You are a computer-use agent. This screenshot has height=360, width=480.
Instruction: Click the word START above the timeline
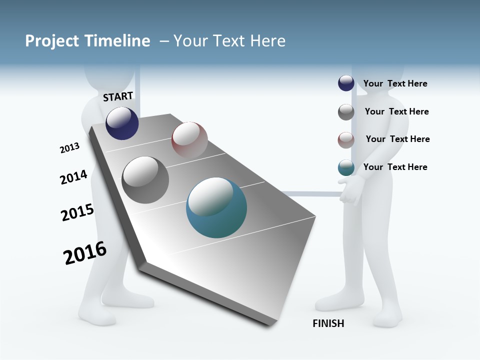(118, 96)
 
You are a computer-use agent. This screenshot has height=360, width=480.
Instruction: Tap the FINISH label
(328, 323)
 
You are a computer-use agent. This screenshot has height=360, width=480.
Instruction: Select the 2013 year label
(69, 148)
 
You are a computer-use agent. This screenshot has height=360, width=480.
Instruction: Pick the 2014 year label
(73, 177)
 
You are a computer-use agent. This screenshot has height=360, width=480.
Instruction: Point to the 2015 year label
(77, 212)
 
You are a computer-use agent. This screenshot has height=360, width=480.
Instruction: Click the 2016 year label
(85, 253)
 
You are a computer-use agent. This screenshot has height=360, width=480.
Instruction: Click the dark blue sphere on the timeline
(122, 123)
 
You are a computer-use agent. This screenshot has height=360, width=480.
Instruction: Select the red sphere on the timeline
(189, 139)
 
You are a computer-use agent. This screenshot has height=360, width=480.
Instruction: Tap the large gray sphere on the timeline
(145, 180)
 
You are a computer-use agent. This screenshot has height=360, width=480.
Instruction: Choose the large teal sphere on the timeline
(216, 207)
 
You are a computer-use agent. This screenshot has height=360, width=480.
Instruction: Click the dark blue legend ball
(346, 83)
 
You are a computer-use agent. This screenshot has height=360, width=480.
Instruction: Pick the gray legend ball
(346, 112)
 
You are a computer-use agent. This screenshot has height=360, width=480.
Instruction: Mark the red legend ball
(346, 140)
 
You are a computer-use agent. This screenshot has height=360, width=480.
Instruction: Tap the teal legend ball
(346, 167)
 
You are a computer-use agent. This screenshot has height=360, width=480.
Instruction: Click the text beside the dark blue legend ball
(395, 83)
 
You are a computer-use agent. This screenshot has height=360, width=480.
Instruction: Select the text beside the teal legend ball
(395, 167)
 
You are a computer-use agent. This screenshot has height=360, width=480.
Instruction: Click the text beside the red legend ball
(397, 139)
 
